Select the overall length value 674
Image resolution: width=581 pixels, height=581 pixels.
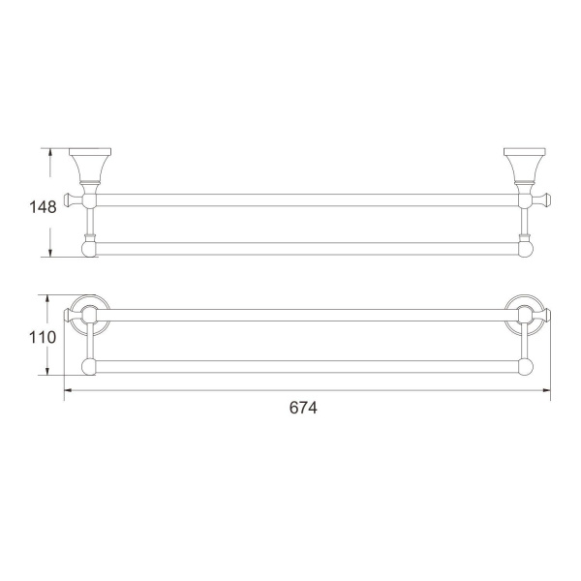point(303,408)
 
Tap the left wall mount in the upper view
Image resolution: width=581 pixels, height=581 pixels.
point(89,166)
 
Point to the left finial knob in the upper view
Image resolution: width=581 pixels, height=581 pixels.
point(69,200)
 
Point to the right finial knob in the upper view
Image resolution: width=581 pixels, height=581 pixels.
point(544,200)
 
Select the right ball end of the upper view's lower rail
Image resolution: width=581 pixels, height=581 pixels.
point(525,249)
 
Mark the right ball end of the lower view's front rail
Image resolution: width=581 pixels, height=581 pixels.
point(526,366)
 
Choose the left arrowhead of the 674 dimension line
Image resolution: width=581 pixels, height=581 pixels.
point(68,390)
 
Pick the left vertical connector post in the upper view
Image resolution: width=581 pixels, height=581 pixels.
point(89,223)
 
